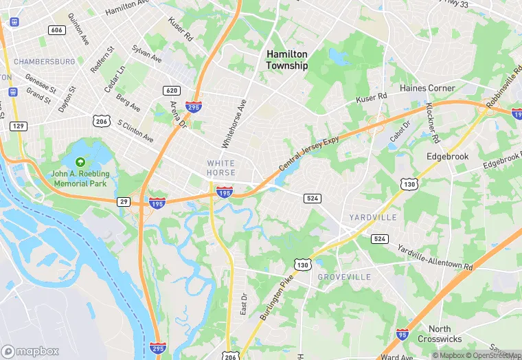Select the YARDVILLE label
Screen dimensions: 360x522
click(x=373, y=217)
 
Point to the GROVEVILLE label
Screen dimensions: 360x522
click(x=344, y=277)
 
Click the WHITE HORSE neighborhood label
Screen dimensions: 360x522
click(x=221, y=168)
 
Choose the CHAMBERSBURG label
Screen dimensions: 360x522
click(x=43, y=61)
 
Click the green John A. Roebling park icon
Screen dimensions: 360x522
click(x=80, y=162)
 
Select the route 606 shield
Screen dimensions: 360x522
click(x=57, y=30)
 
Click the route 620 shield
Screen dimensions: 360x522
click(x=171, y=91)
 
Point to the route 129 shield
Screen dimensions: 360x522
click(x=19, y=126)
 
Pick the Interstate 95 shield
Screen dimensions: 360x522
click(x=403, y=335)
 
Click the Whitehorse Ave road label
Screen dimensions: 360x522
click(x=234, y=124)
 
